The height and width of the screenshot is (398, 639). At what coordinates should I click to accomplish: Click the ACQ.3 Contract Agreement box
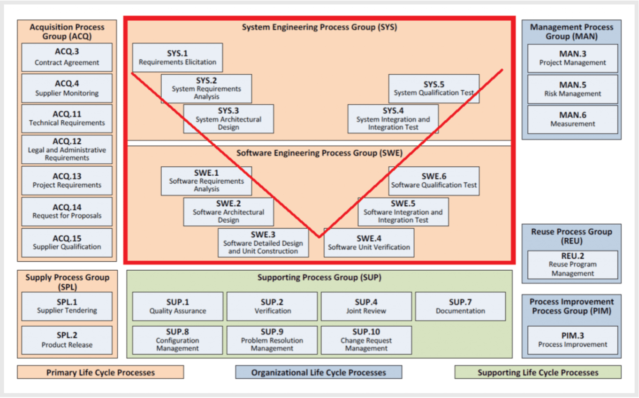coord(67,57)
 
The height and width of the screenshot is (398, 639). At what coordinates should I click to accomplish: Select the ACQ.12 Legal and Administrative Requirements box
coord(67,149)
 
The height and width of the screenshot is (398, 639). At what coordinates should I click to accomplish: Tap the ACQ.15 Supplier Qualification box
coord(67,242)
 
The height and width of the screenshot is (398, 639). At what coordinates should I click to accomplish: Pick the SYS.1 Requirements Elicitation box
coord(177,57)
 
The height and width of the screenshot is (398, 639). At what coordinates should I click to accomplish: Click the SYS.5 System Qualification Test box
coord(434,88)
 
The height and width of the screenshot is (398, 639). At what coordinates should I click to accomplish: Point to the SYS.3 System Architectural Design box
coord(228,118)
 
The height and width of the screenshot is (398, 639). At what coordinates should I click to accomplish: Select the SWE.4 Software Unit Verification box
coord(369,242)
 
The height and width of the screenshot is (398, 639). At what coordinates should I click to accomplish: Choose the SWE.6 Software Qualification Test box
coord(434,180)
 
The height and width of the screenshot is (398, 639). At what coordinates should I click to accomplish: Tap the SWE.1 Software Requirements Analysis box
coord(206,180)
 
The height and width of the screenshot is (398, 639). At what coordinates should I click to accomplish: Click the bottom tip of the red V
coord(319,237)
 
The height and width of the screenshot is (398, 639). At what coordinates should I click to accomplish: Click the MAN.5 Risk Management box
coord(572,89)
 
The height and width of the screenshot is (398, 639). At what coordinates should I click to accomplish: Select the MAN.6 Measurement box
coord(572,119)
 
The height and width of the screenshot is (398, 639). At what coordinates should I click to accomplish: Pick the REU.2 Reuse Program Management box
coord(572,265)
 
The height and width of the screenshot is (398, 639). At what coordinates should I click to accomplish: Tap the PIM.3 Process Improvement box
coord(572,340)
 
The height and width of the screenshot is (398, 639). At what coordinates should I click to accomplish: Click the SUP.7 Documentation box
coord(460,306)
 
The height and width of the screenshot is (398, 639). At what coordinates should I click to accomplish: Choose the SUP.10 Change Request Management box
coord(366,340)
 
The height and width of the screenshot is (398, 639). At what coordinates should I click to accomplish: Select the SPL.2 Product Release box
coord(67,340)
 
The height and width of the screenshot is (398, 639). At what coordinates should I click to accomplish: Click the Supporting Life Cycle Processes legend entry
coord(538,372)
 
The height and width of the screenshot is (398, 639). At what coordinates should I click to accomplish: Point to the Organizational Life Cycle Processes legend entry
coord(319,372)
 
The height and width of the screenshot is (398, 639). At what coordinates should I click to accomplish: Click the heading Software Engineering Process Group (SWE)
coord(319,153)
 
